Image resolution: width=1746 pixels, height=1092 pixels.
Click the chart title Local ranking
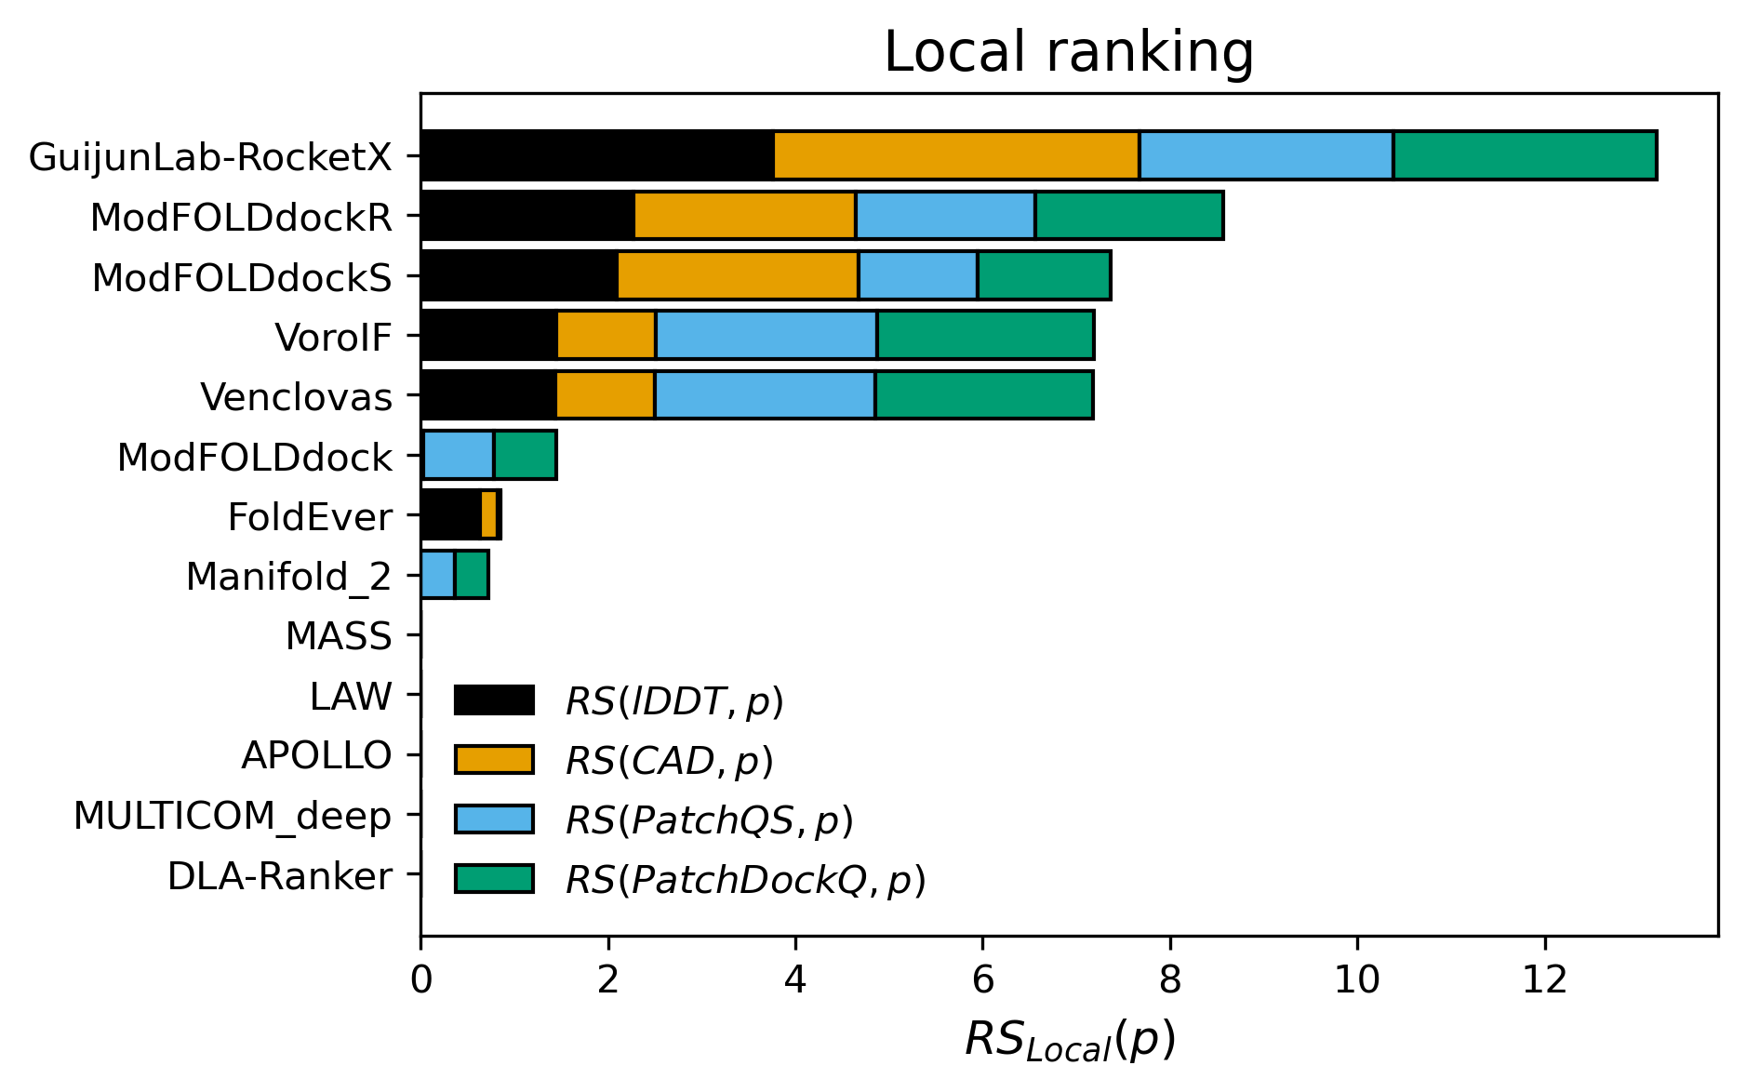coord(1068,52)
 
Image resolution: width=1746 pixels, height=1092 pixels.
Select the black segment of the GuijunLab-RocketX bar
coord(597,155)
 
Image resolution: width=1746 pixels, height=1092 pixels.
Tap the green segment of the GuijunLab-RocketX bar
coord(1525,155)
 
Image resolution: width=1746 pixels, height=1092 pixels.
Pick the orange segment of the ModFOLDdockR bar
coord(744,216)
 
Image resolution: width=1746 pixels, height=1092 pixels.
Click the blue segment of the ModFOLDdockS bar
coord(917,275)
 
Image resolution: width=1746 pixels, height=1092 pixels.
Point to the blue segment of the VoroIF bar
coord(766,336)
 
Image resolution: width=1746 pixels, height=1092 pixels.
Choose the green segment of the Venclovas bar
coord(983,395)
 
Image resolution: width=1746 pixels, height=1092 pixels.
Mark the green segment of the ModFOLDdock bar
coord(525,456)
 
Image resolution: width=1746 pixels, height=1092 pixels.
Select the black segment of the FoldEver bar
coord(451,515)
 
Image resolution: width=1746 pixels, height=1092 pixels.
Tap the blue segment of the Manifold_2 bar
coord(438,575)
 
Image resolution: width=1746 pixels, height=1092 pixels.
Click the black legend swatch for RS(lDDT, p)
coord(494,700)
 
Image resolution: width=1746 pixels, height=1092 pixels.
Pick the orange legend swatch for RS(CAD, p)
coord(494,760)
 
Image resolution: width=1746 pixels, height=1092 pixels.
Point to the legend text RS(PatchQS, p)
coord(709,820)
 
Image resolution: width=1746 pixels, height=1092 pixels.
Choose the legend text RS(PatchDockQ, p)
coord(745,880)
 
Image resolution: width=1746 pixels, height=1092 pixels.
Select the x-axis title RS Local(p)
coord(1069,1040)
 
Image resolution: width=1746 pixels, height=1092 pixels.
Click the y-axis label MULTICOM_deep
coord(233,816)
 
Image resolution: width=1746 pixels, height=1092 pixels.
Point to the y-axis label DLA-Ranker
coord(279,876)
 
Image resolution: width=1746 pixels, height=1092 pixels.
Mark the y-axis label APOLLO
coord(316,755)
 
